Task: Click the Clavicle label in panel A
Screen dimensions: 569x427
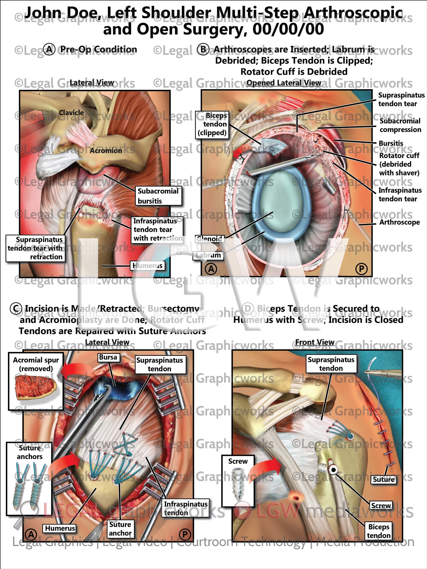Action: click(71, 113)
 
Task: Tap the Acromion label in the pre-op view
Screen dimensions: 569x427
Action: click(106, 151)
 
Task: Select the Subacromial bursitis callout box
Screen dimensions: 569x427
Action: click(158, 196)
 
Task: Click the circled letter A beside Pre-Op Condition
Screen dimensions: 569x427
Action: click(49, 50)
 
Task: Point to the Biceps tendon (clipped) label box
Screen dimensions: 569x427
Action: click(212, 124)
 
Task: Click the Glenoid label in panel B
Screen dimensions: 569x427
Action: click(210, 239)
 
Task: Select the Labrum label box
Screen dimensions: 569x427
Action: click(208, 255)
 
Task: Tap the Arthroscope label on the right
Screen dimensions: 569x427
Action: click(399, 222)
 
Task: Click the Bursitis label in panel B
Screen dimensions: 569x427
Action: click(391, 143)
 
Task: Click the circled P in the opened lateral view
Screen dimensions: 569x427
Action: click(361, 269)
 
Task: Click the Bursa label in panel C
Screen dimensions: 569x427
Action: click(108, 357)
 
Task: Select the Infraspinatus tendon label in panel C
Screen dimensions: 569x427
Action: click(186, 508)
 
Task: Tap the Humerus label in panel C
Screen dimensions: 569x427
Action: click(60, 528)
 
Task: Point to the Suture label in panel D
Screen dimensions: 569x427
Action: click(383, 479)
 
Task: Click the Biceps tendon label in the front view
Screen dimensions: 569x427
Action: click(379, 531)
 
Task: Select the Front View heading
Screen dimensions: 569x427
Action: click(315, 342)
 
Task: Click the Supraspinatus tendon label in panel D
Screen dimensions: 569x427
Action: click(331, 364)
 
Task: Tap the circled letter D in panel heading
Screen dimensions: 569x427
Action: click(248, 309)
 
